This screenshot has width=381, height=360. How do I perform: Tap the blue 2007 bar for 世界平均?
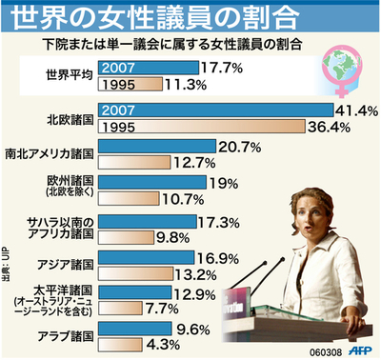point(148,68)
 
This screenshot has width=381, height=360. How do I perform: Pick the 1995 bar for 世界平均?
point(134,84)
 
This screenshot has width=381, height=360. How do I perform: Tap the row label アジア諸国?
point(64,263)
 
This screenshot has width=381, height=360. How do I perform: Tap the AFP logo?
point(358,350)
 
